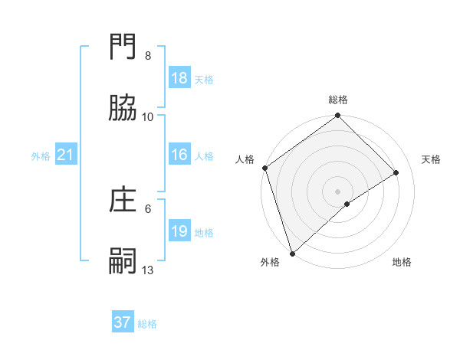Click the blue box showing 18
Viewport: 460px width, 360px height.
click(x=179, y=78)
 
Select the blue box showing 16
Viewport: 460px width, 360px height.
click(x=179, y=155)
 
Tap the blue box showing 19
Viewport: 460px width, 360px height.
click(x=179, y=231)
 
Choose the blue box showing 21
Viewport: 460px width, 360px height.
click(x=66, y=155)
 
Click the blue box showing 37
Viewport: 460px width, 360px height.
click(x=123, y=322)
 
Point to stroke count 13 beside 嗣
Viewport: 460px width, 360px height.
click(x=148, y=270)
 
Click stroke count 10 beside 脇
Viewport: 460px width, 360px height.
click(x=148, y=116)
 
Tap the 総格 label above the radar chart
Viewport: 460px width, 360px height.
click(x=338, y=100)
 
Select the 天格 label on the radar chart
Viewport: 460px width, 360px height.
click(x=432, y=159)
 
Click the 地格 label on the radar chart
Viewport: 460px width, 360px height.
click(x=402, y=262)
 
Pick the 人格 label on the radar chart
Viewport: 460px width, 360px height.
click(x=245, y=159)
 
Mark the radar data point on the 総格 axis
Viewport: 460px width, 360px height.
click(x=338, y=116)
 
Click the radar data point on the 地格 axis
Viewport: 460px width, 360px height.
click(x=347, y=204)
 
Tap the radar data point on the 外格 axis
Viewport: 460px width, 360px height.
click(x=291, y=254)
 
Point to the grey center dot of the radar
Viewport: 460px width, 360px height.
click(x=338, y=191)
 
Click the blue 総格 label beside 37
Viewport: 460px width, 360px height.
click(x=147, y=324)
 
